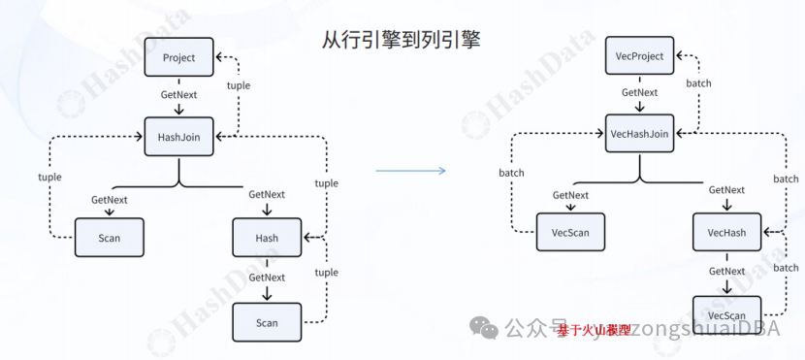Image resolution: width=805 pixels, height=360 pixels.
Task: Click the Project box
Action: [x=178, y=57]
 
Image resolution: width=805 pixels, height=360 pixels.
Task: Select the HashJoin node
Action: [x=178, y=137]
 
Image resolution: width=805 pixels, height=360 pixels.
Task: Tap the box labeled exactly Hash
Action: [x=267, y=238]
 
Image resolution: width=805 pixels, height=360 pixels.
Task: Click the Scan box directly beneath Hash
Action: [x=267, y=322]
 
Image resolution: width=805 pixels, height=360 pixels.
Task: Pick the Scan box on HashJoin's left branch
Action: [x=109, y=238]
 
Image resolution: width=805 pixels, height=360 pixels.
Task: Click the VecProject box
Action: [x=640, y=56]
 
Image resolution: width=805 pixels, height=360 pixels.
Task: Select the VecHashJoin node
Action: [x=640, y=134]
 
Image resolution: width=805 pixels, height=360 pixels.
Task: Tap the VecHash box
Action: [x=726, y=233]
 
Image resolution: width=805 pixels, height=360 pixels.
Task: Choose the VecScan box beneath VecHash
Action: [x=726, y=316]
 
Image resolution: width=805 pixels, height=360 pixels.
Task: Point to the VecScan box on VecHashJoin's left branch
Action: [x=570, y=233]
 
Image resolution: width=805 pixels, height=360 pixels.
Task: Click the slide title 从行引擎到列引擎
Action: [x=401, y=40]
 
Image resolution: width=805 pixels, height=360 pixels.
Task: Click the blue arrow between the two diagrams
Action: [x=409, y=171]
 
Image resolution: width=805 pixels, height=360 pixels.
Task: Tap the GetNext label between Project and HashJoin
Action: [x=178, y=95]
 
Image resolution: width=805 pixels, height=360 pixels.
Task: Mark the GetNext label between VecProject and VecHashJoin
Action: [x=640, y=93]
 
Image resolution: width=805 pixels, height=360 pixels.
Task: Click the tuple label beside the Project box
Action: [x=238, y=85]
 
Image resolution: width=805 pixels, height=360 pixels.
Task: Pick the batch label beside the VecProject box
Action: [x=698, y=83]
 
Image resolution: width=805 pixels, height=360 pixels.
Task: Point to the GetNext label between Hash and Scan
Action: [x=267, y=278]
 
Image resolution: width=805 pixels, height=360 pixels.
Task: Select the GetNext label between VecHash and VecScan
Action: [x=726, y=272]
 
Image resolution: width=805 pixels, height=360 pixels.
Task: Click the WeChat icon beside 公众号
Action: [x=486, y=328]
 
